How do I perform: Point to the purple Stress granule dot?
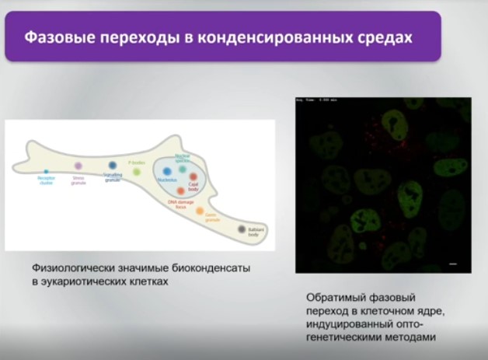pos(78,166)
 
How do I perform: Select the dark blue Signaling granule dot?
pos(113,166)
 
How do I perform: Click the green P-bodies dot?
pos(137,172)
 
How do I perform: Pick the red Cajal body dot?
pos(193,177)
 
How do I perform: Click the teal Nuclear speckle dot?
pos(182,169)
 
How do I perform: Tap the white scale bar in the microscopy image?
pos(453,264)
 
